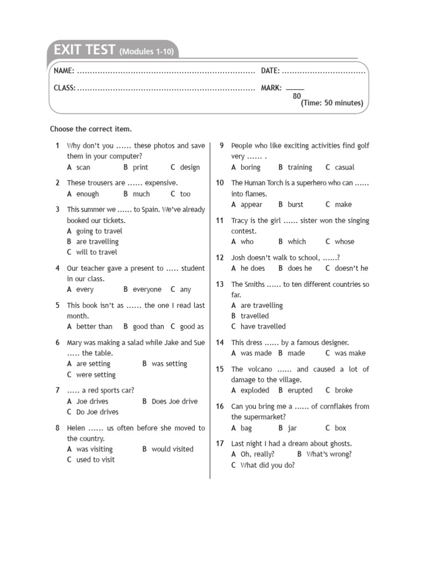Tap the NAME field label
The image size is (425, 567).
(64, 71)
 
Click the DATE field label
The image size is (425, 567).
(270, 71)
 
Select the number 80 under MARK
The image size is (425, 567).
(297, 96)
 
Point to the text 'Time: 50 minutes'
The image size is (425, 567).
(332, 103)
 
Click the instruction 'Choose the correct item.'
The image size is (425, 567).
(91, 129)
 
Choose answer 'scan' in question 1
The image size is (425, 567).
(83, 167)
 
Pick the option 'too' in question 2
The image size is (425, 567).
(185, 194)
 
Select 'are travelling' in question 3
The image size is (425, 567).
(97, 241)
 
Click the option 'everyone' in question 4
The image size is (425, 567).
(147, 289)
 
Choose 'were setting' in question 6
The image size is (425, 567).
(96, 374)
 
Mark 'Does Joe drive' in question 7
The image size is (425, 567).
(174, 401)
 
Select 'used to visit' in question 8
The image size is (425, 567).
(96, 460)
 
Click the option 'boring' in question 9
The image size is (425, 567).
(250, 167)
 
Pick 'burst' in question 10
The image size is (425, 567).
(296, 204)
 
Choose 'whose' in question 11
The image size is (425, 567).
(344, 241)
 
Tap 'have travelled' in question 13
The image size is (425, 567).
(263, 326)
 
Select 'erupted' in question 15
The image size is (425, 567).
(300, 390)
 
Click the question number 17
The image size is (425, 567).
(220, 444)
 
